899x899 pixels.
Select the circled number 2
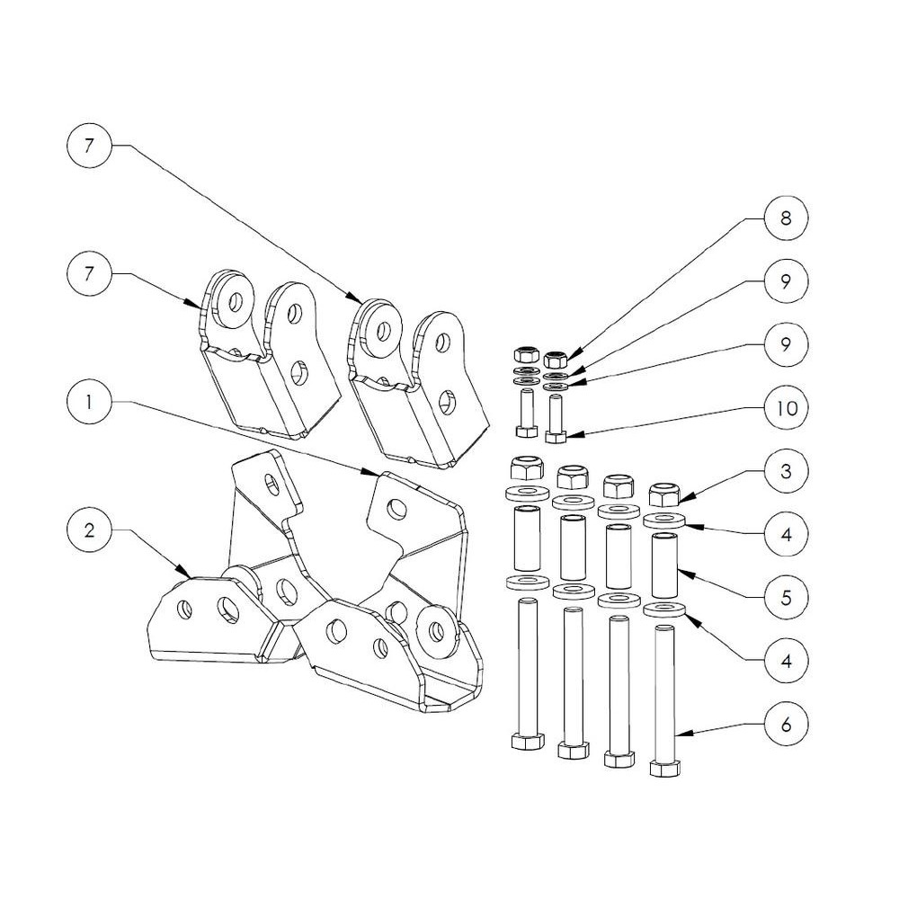89,530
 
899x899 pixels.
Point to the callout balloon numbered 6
786,724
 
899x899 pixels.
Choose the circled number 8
786,218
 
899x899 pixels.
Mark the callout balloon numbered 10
786,408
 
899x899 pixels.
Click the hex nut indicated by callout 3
664,494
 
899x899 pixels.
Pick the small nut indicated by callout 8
555,357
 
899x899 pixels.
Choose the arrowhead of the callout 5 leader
681,568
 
